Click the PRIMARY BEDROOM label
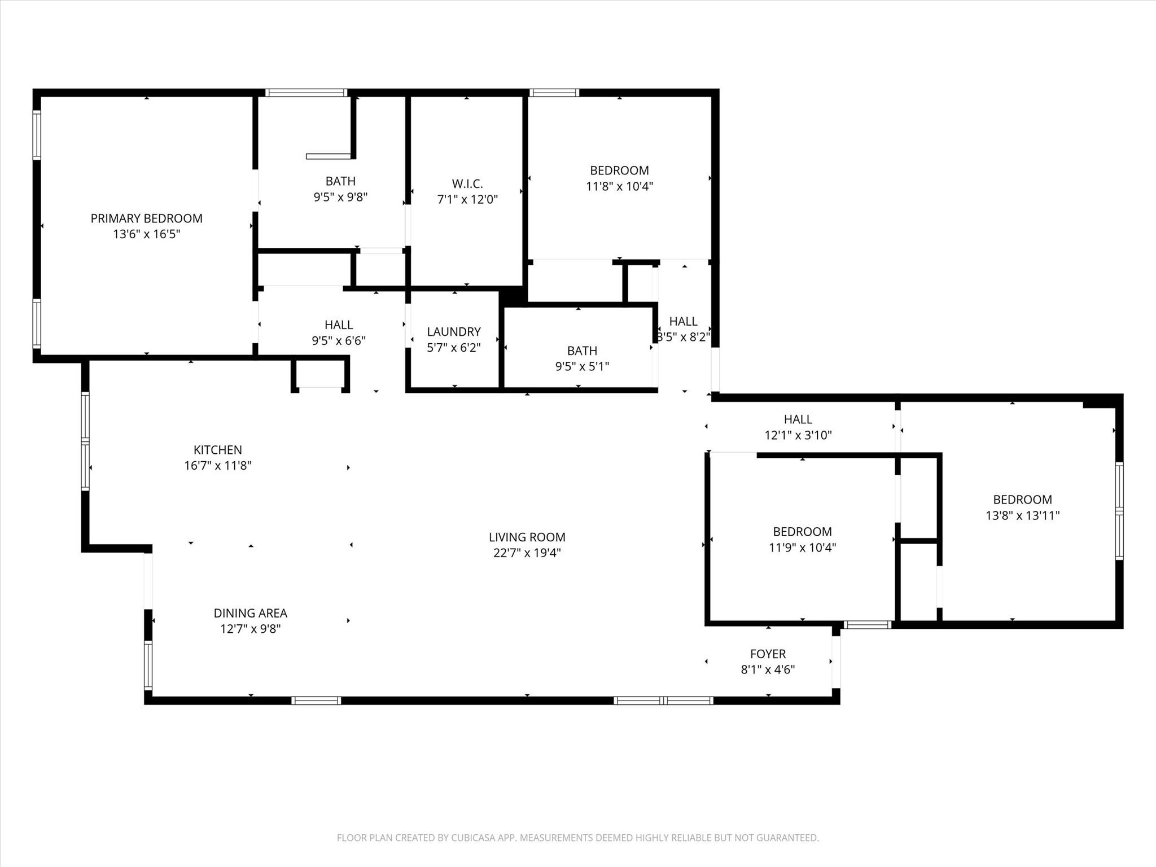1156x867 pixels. coord(146,218)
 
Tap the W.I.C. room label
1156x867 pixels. coord(467,183)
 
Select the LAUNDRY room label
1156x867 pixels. coord(453,332)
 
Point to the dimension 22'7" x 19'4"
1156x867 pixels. coord(527,553)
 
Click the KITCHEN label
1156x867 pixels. coord(217,450)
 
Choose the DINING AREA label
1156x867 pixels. coord(250,613)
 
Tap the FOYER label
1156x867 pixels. coord(768,654)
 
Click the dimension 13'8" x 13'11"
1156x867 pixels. coord(1022,515)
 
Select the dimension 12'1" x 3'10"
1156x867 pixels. coord(798,435)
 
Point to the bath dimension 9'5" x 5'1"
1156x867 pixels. coord(582,366)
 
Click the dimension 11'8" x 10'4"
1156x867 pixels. coord(619,186)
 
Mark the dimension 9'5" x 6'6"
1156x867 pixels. coord(339,341)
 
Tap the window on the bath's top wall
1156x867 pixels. coord(306,93)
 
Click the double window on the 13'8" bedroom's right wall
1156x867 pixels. coord(1119,511)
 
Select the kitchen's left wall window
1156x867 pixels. coord(85,441)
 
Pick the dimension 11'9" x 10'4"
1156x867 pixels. coord(802,548)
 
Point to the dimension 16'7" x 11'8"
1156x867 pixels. coord(217,466)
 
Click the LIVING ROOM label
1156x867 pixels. coord(527,537)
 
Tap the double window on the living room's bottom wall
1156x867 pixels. coord(663,700)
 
